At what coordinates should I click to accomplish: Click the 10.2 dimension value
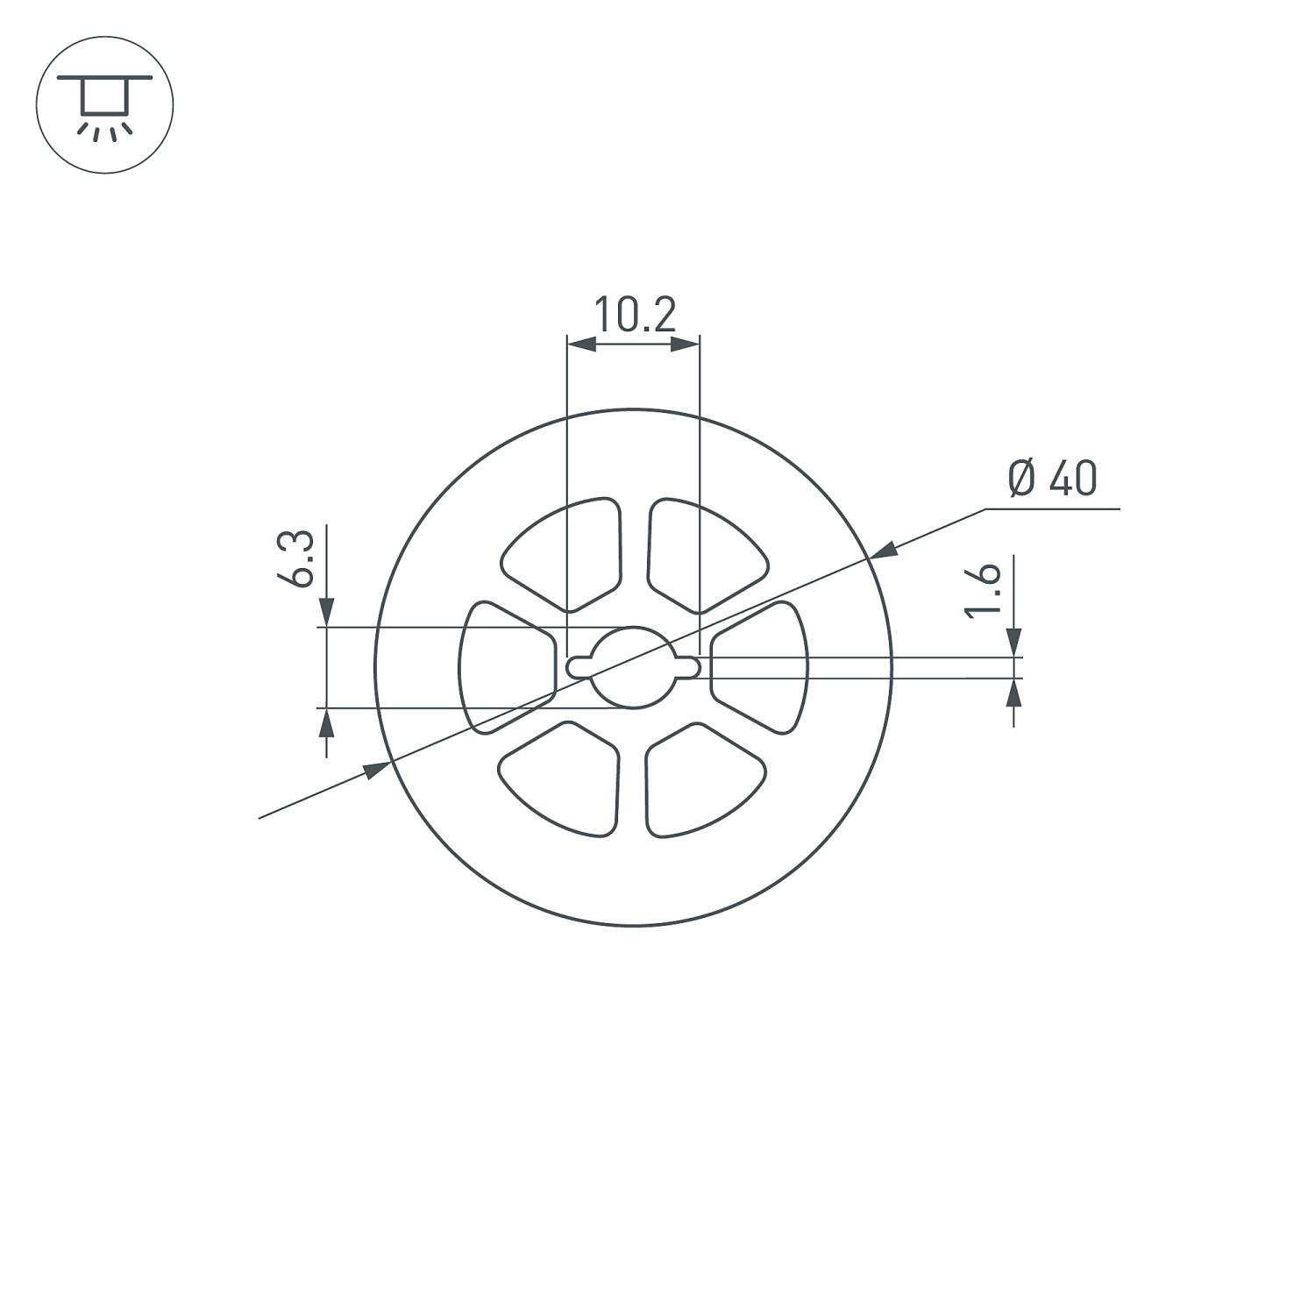coord(635,316)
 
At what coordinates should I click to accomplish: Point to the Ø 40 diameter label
coord(1052,479)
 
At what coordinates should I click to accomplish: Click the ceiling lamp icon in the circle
coord(104,104)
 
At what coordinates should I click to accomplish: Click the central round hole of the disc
coord(633,667)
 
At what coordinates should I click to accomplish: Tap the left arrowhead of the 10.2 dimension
coord(582,345)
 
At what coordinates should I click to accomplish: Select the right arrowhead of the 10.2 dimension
coord(686,345)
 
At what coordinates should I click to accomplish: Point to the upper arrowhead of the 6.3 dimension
coord(326,613)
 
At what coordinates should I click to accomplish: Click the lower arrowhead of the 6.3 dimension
coord(326,722)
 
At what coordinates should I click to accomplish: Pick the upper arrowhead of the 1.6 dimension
coord(1014,642)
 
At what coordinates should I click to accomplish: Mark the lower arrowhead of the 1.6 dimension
coord(1014,693)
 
